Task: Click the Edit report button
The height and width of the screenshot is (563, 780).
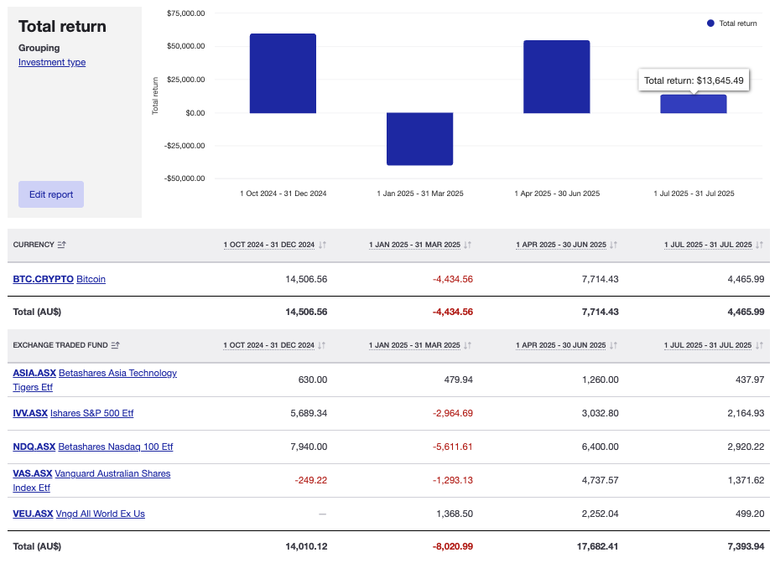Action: coord(51,194)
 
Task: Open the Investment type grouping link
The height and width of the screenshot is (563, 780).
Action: coord(52,62)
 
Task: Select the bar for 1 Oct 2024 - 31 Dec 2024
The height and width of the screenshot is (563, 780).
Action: coord(283,74)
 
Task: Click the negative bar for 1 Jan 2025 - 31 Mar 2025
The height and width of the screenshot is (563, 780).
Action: coord(419,138)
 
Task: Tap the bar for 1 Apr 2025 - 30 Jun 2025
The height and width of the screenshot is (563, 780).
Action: coord(556,77)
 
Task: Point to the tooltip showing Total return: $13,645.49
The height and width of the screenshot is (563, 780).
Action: coord(694,80)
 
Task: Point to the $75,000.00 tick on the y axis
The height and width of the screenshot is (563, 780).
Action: coord(186,13)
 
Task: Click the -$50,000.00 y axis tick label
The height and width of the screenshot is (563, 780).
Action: coord(185,178)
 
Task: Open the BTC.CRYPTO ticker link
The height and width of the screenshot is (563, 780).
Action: coord(43,279)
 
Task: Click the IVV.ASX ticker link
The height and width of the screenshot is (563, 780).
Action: coord(30,413)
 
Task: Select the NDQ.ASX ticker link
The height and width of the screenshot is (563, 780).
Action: coord(34,447)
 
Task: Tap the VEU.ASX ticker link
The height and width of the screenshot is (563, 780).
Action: coord(33,514)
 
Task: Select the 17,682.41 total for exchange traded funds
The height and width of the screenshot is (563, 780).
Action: coord(595,546)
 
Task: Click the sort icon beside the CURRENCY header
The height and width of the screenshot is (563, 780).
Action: coord(62,245)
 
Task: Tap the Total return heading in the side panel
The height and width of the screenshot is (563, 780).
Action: coord(62,27)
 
